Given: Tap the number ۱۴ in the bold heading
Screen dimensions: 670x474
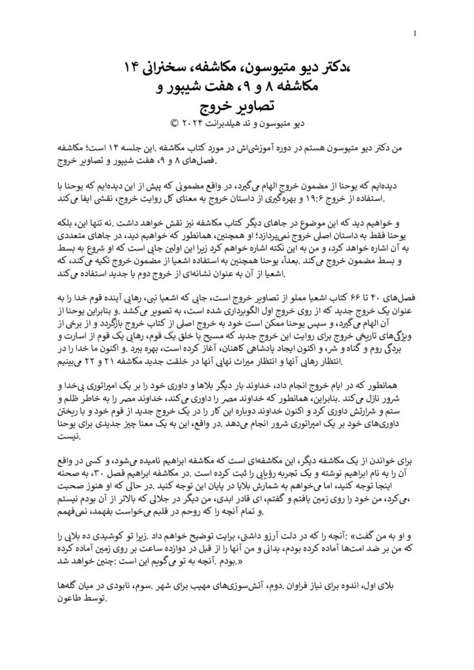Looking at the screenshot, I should coord(139,66).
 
